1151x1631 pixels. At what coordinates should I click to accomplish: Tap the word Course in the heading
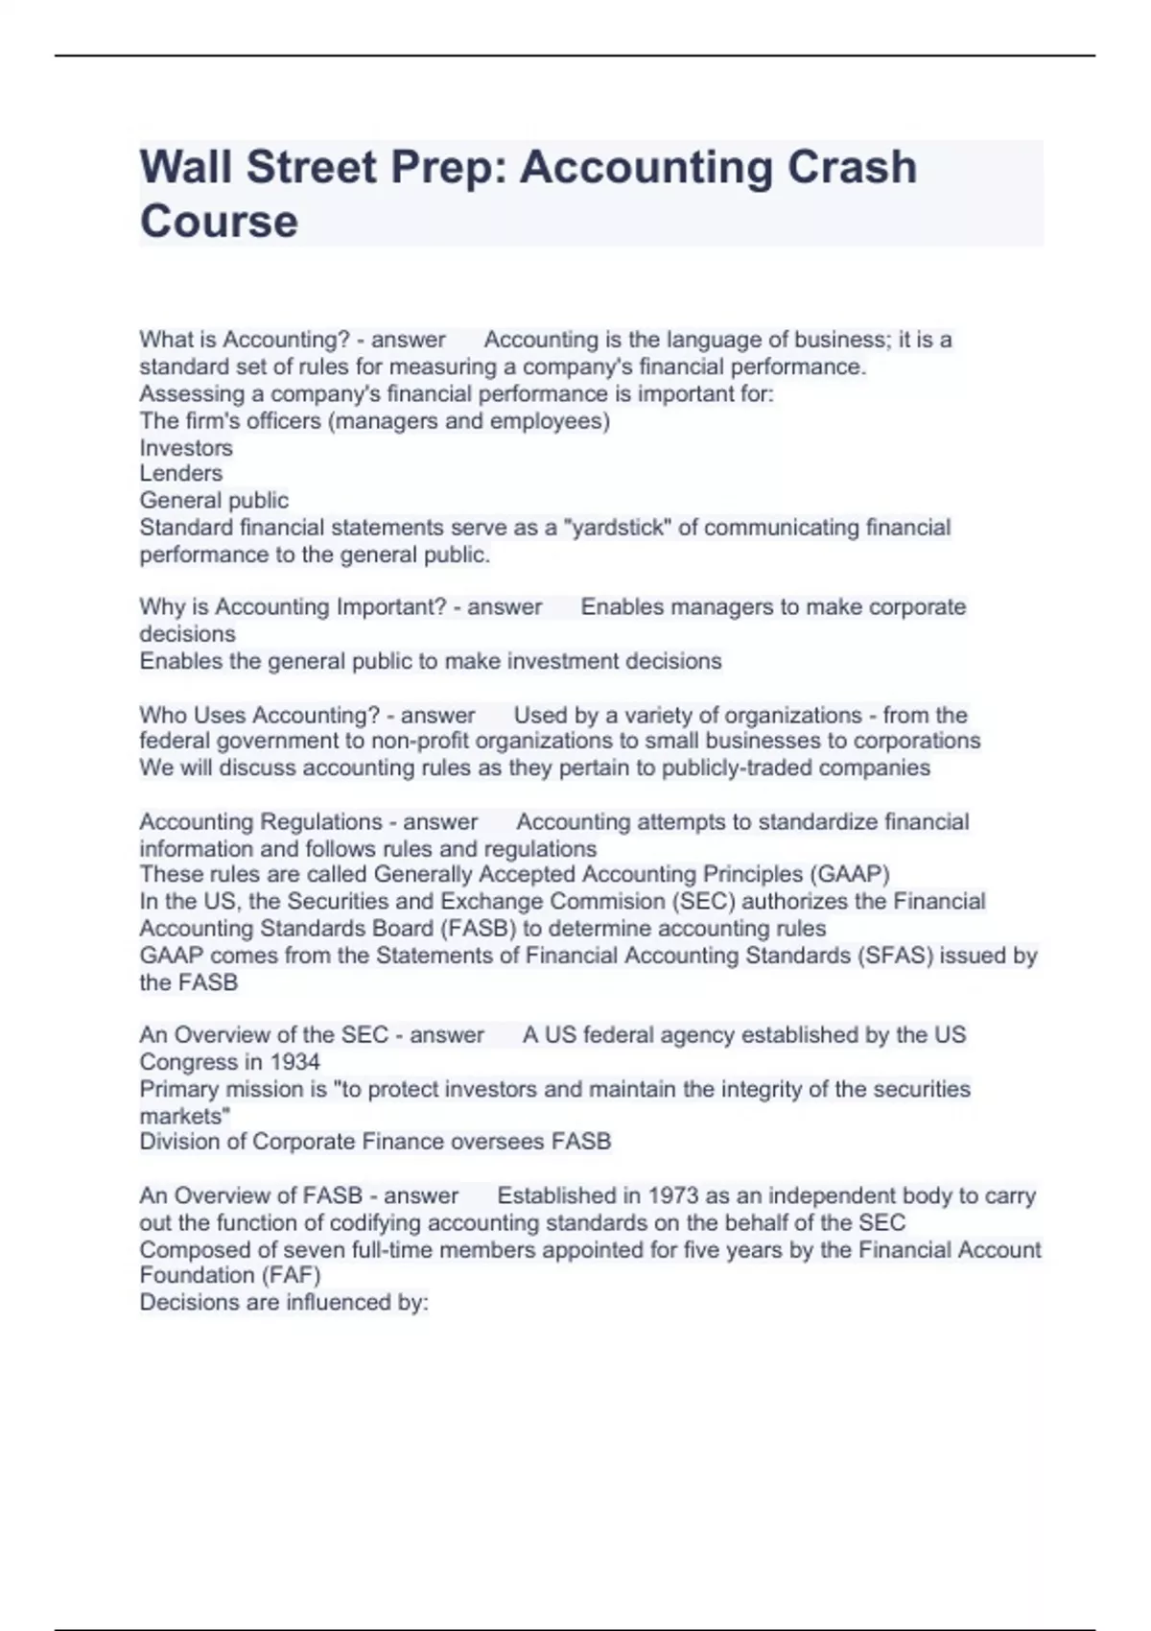(219, 221)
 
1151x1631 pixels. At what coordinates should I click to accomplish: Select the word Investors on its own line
(186, 448)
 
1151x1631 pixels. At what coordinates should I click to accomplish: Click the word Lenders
(180, 474)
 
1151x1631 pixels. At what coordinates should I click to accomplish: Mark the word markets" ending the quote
(184, 1116)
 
